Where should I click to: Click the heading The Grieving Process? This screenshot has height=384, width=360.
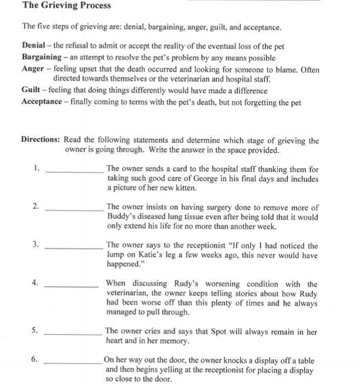66,6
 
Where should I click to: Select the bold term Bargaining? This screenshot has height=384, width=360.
41,57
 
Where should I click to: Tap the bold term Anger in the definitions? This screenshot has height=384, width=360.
33,69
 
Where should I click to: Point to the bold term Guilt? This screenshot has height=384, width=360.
31,91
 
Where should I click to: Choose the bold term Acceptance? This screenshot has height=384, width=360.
41,102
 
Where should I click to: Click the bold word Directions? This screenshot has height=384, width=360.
40,140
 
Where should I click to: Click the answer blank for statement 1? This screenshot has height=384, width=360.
75,172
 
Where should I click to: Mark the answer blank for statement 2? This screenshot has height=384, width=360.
75,210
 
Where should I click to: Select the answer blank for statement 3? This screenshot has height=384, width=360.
75,248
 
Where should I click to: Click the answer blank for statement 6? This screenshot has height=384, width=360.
73,363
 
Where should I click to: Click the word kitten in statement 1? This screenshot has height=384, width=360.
184,188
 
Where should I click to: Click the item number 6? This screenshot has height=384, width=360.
34,359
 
